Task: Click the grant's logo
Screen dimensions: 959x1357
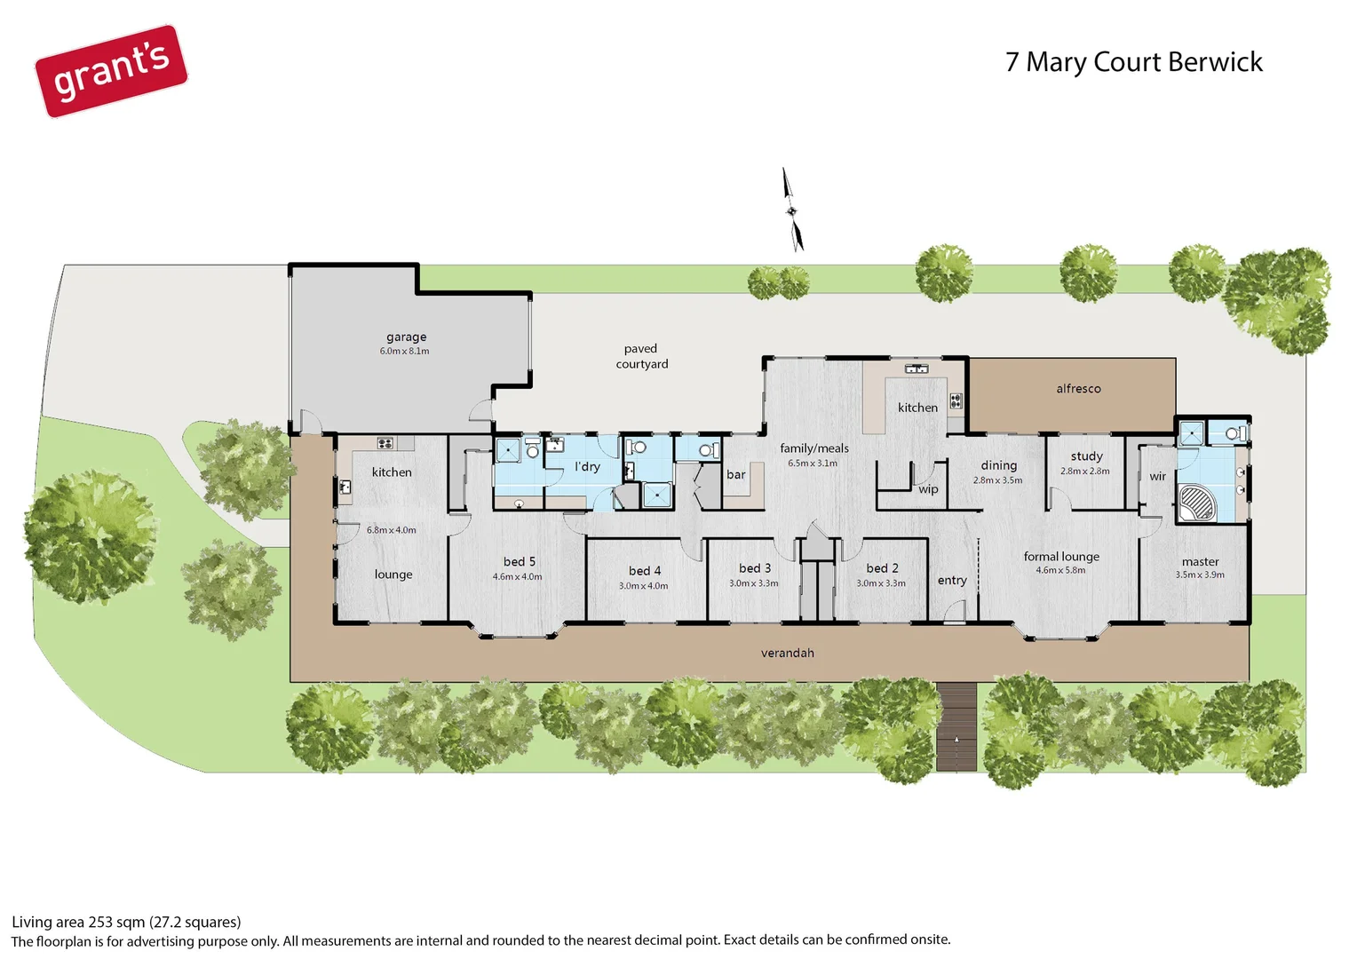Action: pyautogui.click(x=111, y=71)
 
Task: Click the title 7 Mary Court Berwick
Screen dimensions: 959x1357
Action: pyautogui.click(x=1133, y=62)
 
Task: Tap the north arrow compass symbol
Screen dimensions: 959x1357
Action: pyautogui.click(x=792, y=210)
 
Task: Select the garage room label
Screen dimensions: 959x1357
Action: pyautogui.click(x=406, y=337)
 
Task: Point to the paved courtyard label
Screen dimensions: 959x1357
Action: pyautogui.click(x=641, y=356)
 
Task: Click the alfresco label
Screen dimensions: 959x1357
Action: pyautogui.click(x=1078, y=389)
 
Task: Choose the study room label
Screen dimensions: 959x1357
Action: pyautogui.click(x=1086, y=456)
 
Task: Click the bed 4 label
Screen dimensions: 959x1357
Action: pyautogui.click(x=645, y=571)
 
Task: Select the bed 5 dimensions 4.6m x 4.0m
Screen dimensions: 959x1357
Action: pyautogui.click(x=517, y=577)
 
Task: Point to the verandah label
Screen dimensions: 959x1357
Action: pyautogui.click(x=787, y=654)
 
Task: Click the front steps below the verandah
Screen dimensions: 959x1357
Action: pyautogui.click(x=956, y=726)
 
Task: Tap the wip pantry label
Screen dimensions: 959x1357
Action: pyautogui.click(x=928, y=489)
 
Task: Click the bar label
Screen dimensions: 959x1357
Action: pyautogui.click(x=735, y=475)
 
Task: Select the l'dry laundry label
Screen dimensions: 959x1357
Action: pyautogui.click(x=587, y=467)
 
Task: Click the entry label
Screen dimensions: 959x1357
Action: pyautogui.click(x=951, y=581)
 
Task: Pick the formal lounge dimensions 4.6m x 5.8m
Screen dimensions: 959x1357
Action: pyautogui.click(x=1060, y=571)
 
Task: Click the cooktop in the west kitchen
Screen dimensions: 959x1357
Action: pyautogui.click(x=385, y=443)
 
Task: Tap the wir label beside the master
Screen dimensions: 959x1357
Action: pyautogui.click(x=1157, y=477)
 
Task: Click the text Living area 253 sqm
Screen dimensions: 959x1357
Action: pyautogui.click(x=126, y=923)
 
